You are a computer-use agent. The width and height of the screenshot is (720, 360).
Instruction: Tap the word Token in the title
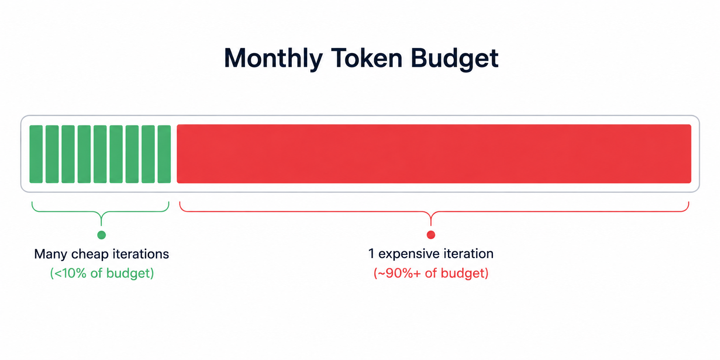(366, 58)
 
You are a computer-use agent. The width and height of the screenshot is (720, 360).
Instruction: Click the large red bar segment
(434, 154)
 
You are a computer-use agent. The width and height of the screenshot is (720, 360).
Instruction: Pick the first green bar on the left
(36, 154)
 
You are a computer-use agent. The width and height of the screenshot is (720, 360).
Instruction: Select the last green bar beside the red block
(164, 154)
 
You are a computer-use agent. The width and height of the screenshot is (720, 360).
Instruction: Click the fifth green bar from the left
(100, 154)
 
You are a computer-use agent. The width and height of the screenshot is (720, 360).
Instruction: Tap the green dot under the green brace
(102, 235)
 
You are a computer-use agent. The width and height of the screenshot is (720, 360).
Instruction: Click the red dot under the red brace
(431, 235)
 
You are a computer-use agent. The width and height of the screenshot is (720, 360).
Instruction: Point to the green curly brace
(101, 211)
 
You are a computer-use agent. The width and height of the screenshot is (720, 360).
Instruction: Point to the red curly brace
(431, 211)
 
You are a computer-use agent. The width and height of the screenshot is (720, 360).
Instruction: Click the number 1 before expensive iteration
(371, 253)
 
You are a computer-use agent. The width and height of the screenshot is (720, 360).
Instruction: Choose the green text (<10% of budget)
(102, 273)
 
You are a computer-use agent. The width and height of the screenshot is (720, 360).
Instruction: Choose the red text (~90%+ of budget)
(431, 273)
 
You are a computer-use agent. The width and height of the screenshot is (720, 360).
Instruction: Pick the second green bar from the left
(52, 154)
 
